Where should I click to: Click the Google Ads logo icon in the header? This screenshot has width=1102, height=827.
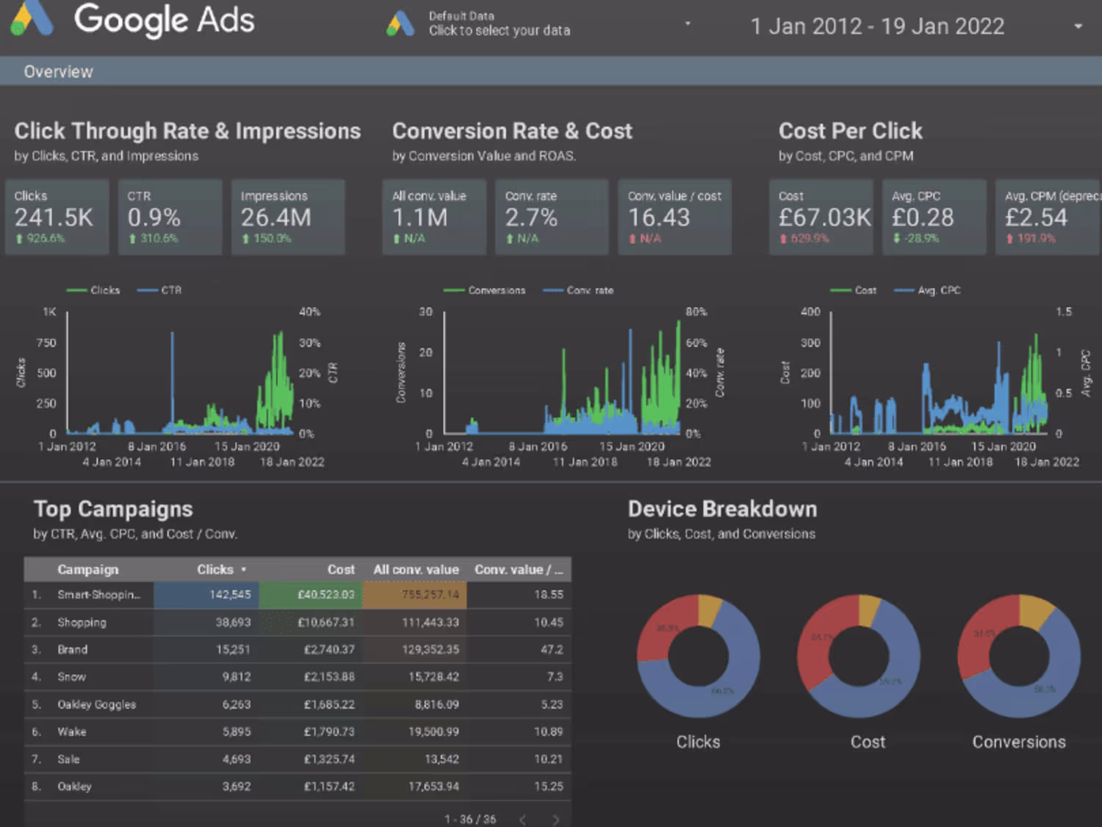click(32, 18)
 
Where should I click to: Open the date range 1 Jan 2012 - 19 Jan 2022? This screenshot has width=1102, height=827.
click(877, 26)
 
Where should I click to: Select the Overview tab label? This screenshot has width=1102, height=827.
click(59, 72)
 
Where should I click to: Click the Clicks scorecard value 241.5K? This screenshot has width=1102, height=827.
click(54, 217)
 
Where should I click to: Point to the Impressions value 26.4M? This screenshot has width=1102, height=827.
click(276, 217)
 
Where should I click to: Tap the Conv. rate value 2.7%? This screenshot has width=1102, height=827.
click(531, 217)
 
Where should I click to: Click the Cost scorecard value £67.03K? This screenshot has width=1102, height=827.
click(824, 217)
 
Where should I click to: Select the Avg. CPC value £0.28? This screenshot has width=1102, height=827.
click(923, 217)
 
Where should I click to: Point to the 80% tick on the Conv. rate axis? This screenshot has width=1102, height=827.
click(696, 312)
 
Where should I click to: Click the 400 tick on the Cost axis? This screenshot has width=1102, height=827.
click(810, 312)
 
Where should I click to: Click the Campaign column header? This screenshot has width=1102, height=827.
click(88, 569)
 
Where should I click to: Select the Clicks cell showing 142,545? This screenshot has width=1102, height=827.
click(230, 594)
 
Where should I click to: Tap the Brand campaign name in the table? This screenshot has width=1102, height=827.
click(73, 649)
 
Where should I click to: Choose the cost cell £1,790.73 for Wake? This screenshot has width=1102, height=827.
click(329, 732)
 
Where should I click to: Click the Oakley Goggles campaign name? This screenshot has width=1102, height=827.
click(97, 704)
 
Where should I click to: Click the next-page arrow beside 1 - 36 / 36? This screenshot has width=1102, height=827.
click(555, 820)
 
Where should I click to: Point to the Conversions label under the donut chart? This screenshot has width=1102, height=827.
click(1019, 742)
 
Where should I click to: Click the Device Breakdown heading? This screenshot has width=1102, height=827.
click(722, 509)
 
